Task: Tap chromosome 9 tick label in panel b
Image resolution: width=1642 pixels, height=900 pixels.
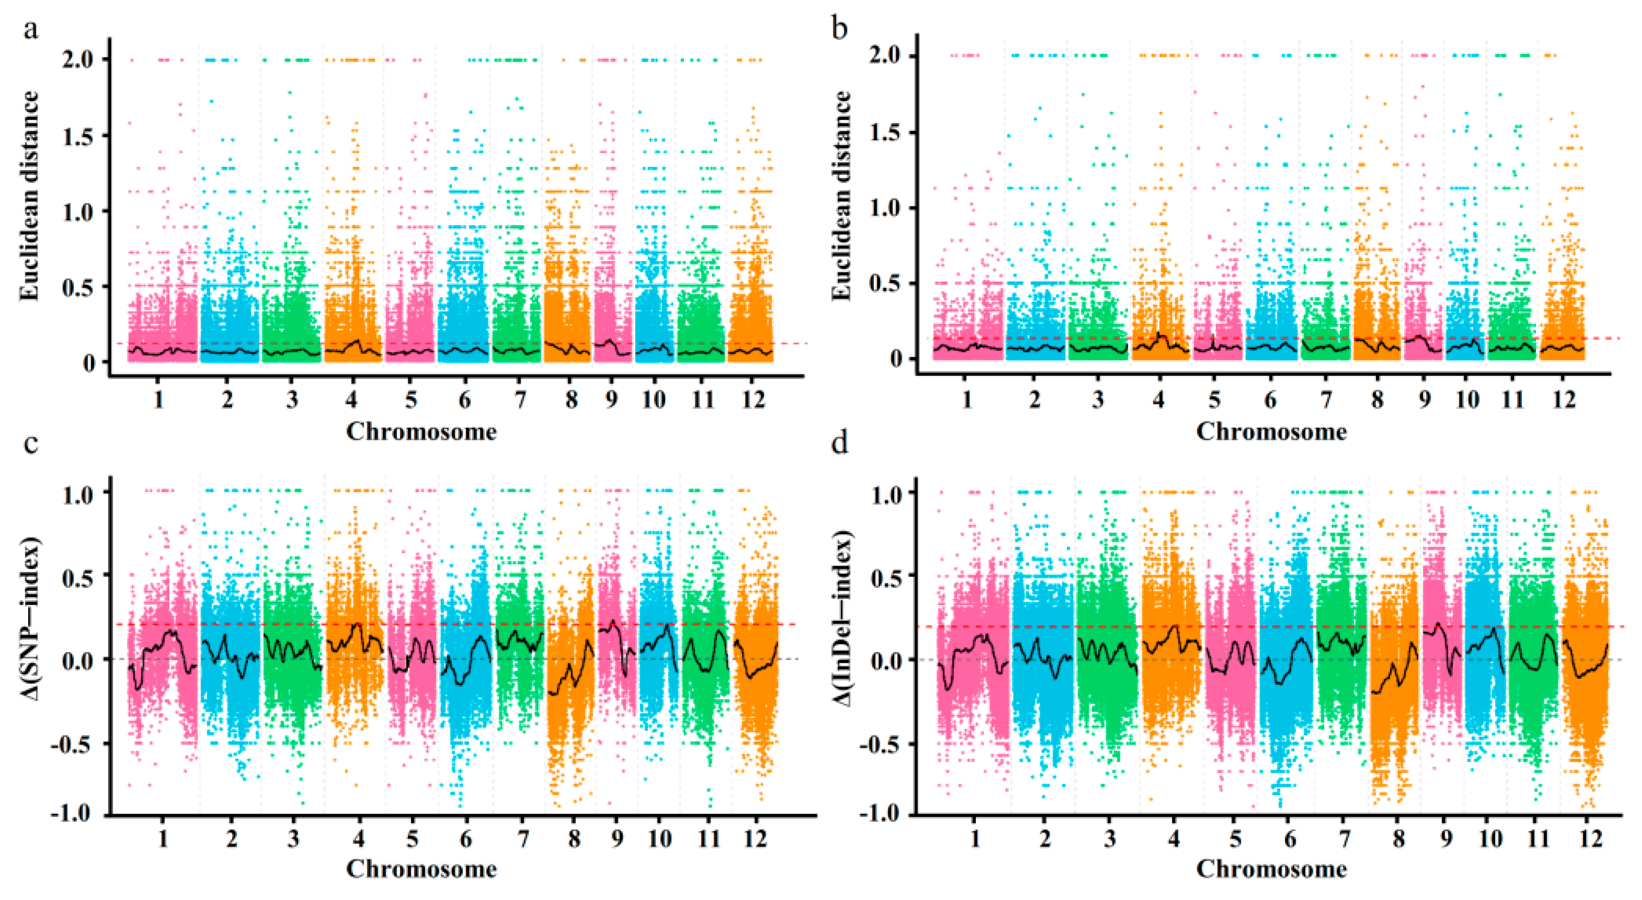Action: click(x=1424, y=400)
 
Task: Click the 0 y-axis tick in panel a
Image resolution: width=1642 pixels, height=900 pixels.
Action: click(x=88, y=363)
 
